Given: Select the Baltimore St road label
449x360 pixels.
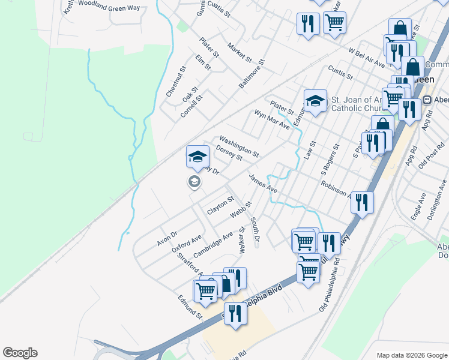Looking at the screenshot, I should [x=252, y=74].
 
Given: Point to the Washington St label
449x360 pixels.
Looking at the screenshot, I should [x=238, y=146].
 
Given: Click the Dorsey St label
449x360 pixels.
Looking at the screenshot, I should [x=229, y=153].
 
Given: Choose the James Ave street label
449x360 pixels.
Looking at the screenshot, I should [x=263, y=183].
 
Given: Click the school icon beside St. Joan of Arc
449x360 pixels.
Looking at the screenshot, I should [x=315, y=101].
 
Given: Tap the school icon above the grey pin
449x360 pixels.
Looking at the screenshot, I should [x=197, y=157].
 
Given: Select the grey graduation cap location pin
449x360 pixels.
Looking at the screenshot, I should [x=194, y=182].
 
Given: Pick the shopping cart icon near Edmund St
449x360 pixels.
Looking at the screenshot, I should [x=205, y=291].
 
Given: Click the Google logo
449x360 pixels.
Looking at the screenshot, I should [x=20, y=353].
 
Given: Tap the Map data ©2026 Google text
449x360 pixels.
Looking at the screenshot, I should [x=411, y=355].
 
